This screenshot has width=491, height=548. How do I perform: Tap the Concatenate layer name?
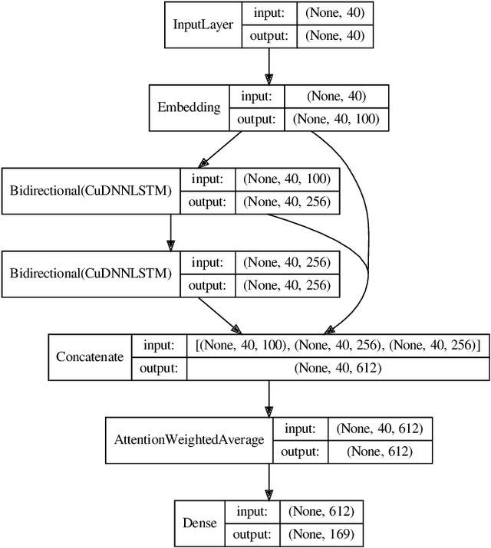coord(91,357)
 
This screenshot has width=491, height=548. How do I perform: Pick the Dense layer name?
coord(199,523)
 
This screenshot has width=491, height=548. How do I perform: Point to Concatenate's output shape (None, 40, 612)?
coord(338,368)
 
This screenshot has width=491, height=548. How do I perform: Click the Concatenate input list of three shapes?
coord(338,346)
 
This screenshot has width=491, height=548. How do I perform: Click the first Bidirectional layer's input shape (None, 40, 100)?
coord(287,179)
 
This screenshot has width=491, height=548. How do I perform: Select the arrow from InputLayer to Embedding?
coord(269,64)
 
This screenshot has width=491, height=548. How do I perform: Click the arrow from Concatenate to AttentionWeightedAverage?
coord(269,398)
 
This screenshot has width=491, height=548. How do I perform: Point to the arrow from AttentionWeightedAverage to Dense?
coord(269,481)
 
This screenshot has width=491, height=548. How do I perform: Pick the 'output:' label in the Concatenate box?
coord(160,368)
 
